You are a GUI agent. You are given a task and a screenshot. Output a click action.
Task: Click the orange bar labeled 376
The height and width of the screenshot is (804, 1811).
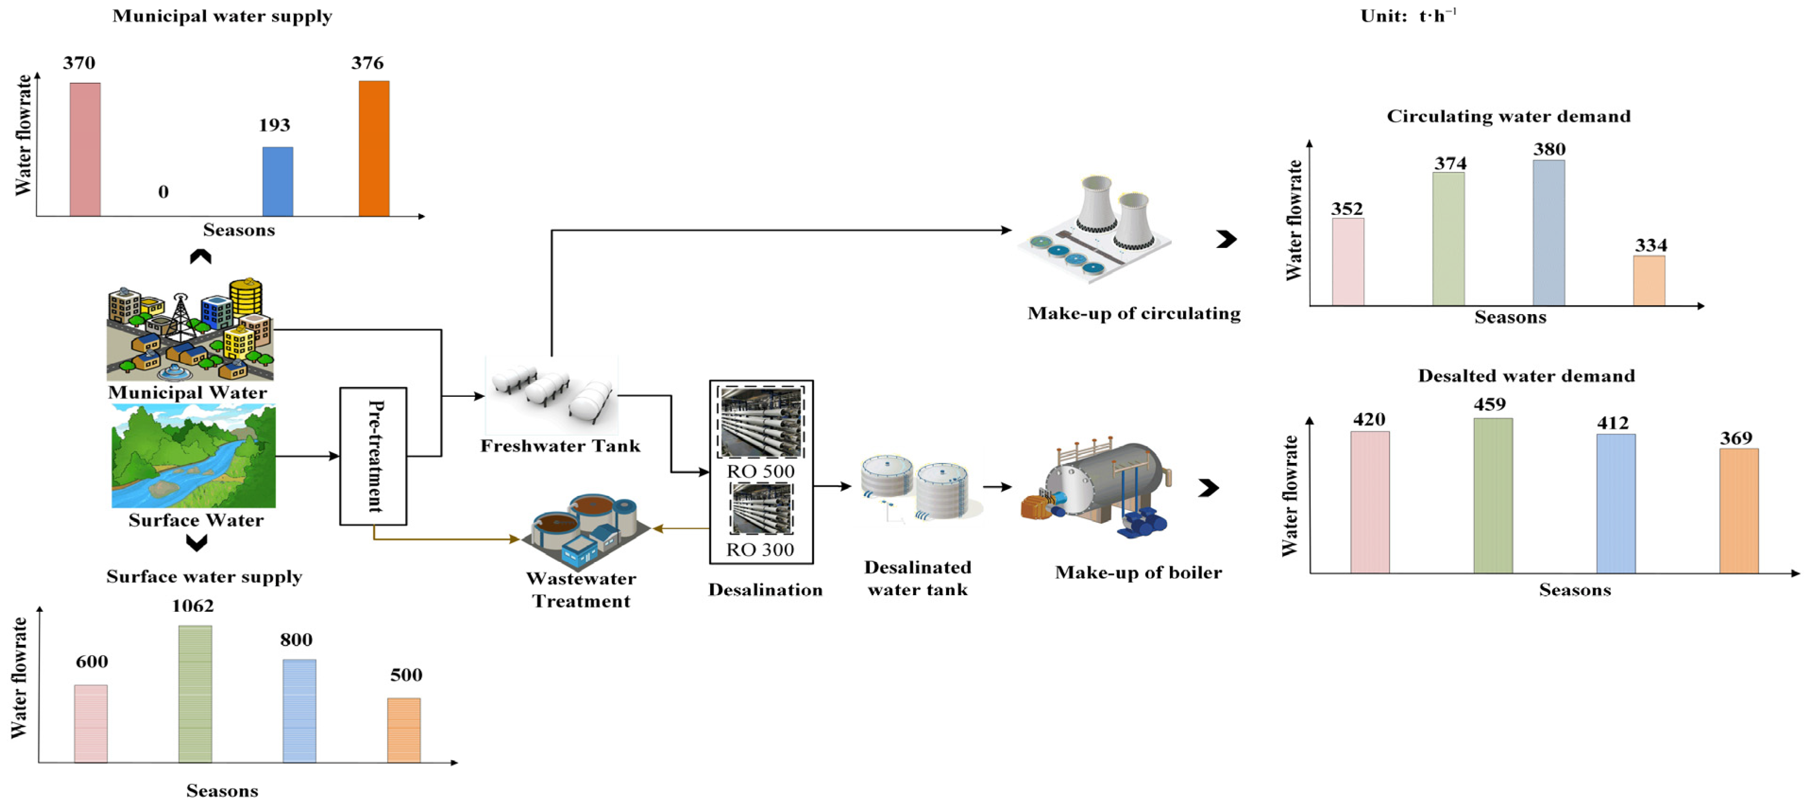(x=374, y=148)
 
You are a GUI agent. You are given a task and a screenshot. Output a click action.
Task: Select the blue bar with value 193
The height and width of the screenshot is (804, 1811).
(x=278, y=181)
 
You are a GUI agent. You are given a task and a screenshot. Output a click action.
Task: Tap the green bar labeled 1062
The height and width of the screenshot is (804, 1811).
(x=195, y=693)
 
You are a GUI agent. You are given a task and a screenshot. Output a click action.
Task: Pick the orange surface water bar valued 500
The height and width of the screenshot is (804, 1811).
(x=404, y=730)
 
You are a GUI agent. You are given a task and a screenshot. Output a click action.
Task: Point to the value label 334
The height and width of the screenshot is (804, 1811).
(x=1650, y=246)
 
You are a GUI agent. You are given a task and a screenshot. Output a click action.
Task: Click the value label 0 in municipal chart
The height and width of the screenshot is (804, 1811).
(x=163, y=191)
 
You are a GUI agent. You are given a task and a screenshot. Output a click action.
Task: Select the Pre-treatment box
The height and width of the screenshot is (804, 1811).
(x=373, y=456)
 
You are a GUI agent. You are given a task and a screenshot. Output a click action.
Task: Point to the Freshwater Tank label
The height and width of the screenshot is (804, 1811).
(x=560, y=446)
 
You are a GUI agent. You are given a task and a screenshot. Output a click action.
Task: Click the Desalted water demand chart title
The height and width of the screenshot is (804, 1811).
(x=1526, y=376)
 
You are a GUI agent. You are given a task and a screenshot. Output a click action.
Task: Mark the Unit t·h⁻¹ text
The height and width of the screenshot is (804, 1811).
(x=1409, y=16)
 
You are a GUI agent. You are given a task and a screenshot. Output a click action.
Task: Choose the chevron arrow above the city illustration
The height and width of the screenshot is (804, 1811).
(x=200, y=257)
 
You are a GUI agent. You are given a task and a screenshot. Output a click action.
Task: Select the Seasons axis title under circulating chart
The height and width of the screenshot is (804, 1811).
(x=1510, y=317)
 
